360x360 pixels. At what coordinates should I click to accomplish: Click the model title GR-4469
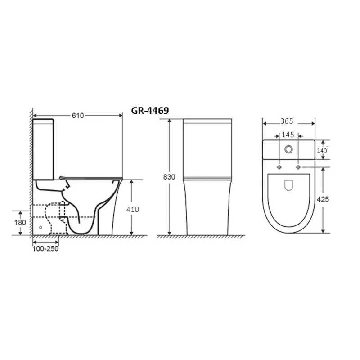pos(150,111)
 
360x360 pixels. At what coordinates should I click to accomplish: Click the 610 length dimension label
pos(78,116)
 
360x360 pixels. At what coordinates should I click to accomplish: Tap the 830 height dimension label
pos(169,177)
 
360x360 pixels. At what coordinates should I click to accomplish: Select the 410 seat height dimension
pos(132,209)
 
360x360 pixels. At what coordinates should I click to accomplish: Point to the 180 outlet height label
pos(20,222)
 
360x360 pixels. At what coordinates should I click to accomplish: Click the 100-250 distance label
pos(45,249)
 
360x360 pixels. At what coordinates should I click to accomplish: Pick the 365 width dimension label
pos(287,121)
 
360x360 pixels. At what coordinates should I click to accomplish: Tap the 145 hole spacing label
pos(288,135)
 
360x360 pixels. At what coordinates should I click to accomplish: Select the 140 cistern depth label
pos(322,151)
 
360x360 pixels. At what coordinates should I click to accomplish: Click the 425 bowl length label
pos(323,199)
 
